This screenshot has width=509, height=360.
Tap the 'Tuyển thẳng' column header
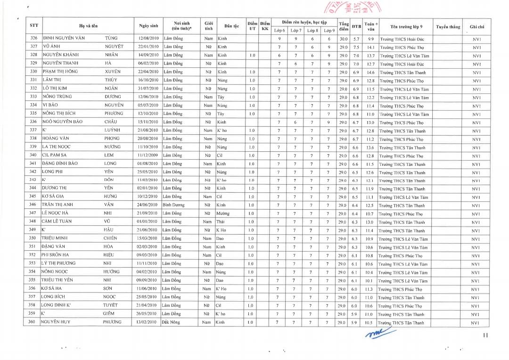click(448, 27)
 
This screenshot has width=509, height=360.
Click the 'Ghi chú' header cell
click(476, 27)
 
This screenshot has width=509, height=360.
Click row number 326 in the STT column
click(33, 38)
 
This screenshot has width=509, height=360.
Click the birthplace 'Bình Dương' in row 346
click(173, 205)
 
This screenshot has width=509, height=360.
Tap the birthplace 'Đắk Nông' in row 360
click(172, 322)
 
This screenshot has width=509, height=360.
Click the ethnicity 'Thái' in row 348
click(221, 222)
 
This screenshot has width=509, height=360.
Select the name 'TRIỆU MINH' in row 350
click(58, 238)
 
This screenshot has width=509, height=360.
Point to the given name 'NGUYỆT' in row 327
click(114, 47)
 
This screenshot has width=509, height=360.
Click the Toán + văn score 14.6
click(370, 72)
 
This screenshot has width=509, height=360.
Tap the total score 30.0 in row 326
click(343, 39)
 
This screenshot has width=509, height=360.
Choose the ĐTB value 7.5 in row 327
click(356, 47)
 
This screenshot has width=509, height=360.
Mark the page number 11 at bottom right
click(485, 335)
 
